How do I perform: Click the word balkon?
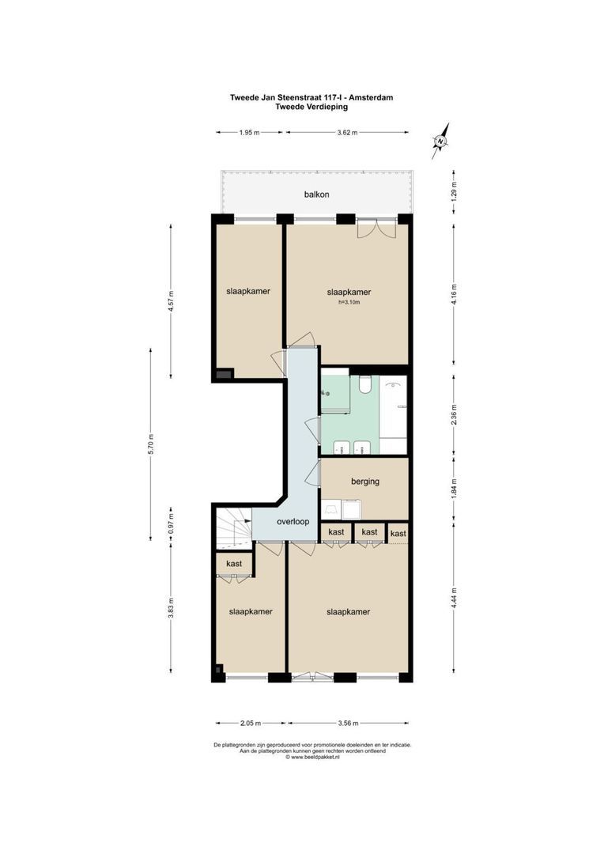[x=316, y=194]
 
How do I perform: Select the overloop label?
[x=292, y=523]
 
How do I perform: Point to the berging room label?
[x=365, y=481]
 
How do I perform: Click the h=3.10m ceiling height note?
[x=349, y=302]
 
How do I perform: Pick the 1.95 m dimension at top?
[x=249, y=133]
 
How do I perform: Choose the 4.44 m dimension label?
[x=453, y=594]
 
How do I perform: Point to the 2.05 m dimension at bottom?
[x=251, y=723]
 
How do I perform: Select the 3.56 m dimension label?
[x=347, y=723]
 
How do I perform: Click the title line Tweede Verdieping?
[x=311, y=107]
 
